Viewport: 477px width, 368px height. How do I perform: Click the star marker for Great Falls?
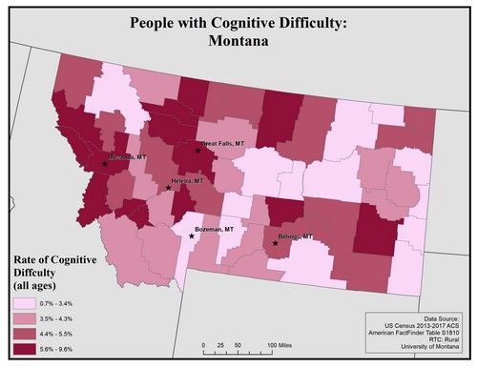(198, 151)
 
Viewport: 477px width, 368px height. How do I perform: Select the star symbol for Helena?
(169, 188)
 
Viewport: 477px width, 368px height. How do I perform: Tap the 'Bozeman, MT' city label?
(213, 230)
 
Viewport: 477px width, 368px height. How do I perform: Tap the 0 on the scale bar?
(203, 343)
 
